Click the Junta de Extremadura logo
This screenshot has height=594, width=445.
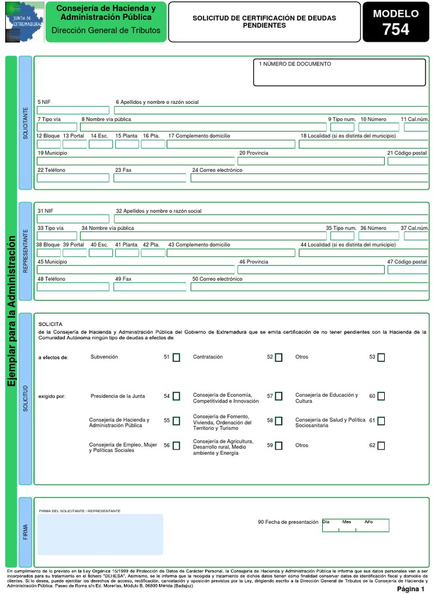[x=24, y=22]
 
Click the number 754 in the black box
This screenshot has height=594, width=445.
[x=396, y=30]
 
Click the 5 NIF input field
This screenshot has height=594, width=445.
[x=73, y=110]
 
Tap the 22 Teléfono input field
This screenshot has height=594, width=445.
[x=73, y=178]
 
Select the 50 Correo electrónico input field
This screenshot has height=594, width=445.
[x=309, y=287]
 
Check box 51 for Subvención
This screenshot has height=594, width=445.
[x=176, y=357]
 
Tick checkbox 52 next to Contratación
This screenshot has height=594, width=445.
[x=279, y=357]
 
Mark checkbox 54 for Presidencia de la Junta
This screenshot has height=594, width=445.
[x=176, y=396]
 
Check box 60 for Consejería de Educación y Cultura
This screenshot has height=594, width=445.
[x=381, y=396]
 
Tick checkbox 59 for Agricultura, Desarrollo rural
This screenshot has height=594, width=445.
[x=279, y=445]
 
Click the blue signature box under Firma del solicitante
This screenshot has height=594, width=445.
[x=100, y=534]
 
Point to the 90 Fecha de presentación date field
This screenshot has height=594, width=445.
[x=355, y=526]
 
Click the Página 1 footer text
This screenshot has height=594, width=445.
[x=411, y=589]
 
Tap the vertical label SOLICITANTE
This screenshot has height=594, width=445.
[x=25, y=122]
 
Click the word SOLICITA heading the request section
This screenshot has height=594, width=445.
[x=50, y=324]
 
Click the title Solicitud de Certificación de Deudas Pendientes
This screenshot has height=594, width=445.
[x=264, y=22]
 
